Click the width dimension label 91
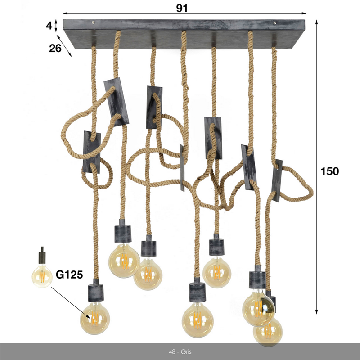182,8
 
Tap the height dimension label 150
329,171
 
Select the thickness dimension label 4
49,26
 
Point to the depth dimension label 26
55,48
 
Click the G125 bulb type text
69,274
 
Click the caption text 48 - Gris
180,352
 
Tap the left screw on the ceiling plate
93,22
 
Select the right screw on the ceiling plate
275,23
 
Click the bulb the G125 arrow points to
95,318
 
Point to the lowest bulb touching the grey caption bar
268,332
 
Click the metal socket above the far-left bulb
96,291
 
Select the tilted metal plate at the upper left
116,102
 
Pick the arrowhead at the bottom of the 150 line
316,311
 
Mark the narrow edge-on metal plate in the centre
182,168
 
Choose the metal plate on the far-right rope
277,181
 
